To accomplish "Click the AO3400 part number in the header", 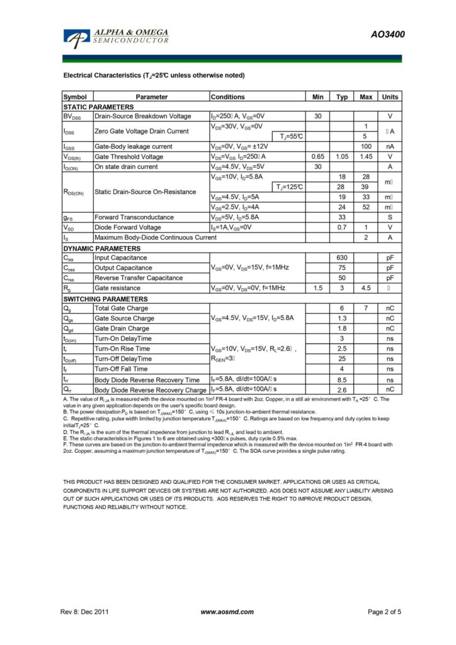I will (x=387, y=35).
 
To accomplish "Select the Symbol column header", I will (x=75, y=97).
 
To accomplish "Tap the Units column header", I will (x=390, y=97).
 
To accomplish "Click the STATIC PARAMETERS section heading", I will (x=98, y=107).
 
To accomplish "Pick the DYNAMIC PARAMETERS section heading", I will (x=101, y=248).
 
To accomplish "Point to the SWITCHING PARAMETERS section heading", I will (x=105, y=299).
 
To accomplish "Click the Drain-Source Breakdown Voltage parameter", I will (x=143, y=117).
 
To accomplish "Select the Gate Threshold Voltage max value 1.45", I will (x=365, y=157).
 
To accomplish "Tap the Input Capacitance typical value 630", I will (x=342, y=258).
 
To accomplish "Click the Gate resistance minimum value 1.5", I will (x=317, y=288).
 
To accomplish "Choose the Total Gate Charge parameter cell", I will (x=122, y=308).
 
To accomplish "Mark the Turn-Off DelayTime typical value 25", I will (x=342, y=358).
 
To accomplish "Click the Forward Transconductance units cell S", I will (x=390, y=217).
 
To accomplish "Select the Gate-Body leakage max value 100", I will (x=365, y=147).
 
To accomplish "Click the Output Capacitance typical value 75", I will (x=342, y=268).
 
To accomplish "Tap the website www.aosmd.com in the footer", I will (x=227, y=612).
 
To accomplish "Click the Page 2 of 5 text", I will (x=384, y=612).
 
